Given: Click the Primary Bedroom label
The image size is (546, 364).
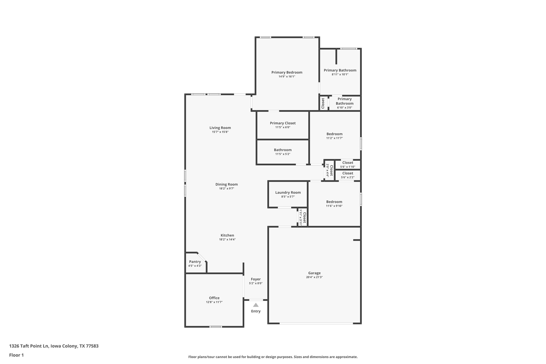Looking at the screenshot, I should pyautogui.click(x=287, y=72).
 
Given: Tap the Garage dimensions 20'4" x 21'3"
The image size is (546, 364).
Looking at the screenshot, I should pyautogui.click(x=314, y=277).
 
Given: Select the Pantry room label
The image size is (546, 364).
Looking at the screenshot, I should pyautogui.click(x=195, y=262).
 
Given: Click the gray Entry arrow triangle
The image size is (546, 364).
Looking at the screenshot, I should pyautogui.click(x=256, y=305).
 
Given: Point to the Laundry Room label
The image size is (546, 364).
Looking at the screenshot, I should pyautogui.click(x=288, y=193).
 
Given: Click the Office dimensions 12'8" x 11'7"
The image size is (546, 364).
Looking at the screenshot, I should pyautogui.click(x=214, y=302).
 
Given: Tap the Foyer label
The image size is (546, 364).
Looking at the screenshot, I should pyautogui.click(x=256, y=279).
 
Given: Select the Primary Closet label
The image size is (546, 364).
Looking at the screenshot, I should pyautogui.click(x=283, y=123).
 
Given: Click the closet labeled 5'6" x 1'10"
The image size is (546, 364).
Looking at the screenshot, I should pyautogui.click(x=348, y=165).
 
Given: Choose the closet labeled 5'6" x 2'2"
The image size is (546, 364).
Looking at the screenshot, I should pyautogui.click(x=348, y=175).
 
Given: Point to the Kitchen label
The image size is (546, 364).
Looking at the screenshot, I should pyautogui.click(x=227, y=236).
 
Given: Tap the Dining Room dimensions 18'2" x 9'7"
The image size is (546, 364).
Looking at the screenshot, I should pyautogui.click(x=226, y=189).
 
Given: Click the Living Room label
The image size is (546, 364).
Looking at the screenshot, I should pyautogui.click(x=220, y=128).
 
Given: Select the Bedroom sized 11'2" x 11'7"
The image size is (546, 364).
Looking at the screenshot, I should pyautogui.click(x=334, y=136).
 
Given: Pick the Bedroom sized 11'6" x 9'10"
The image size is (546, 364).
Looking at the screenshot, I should pyautogui.click(x=334, y=204).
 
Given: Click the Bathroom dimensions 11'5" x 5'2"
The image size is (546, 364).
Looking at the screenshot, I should pyautogui.click(x=283, y=154).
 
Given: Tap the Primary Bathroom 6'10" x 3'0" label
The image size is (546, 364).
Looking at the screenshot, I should pyautogui.click(x=344, y=103).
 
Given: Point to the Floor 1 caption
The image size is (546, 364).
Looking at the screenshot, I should pyautogui.click(x=16, y=355).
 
